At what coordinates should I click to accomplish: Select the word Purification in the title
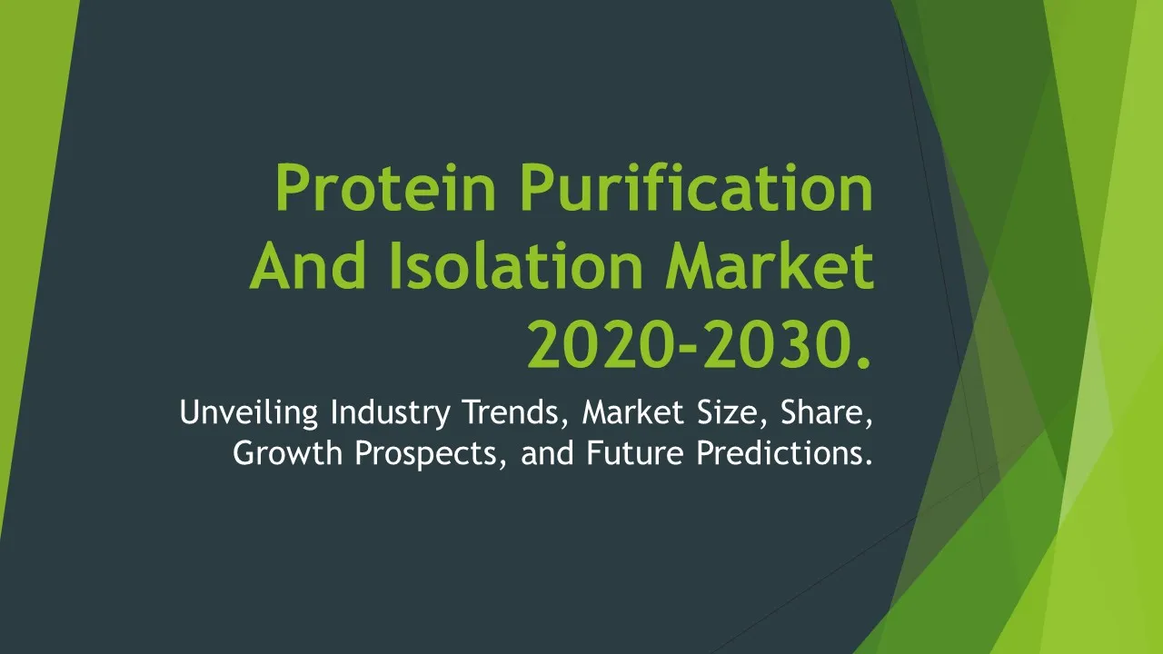pos(697,187)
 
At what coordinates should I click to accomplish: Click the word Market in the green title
pos(770,266)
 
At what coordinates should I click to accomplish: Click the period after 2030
pos(863,362)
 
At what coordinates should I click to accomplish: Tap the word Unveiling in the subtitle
pos(249,413)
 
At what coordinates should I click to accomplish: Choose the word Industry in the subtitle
pos(391,413)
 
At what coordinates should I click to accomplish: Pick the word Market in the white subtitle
pos(633,412)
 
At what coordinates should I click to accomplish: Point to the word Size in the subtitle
pos(731,413)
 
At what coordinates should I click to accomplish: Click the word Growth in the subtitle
pos(288,452)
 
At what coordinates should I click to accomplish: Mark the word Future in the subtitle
pos(634,452)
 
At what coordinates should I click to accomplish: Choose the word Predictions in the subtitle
pos(783,452)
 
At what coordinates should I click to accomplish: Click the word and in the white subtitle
pos(547,452)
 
